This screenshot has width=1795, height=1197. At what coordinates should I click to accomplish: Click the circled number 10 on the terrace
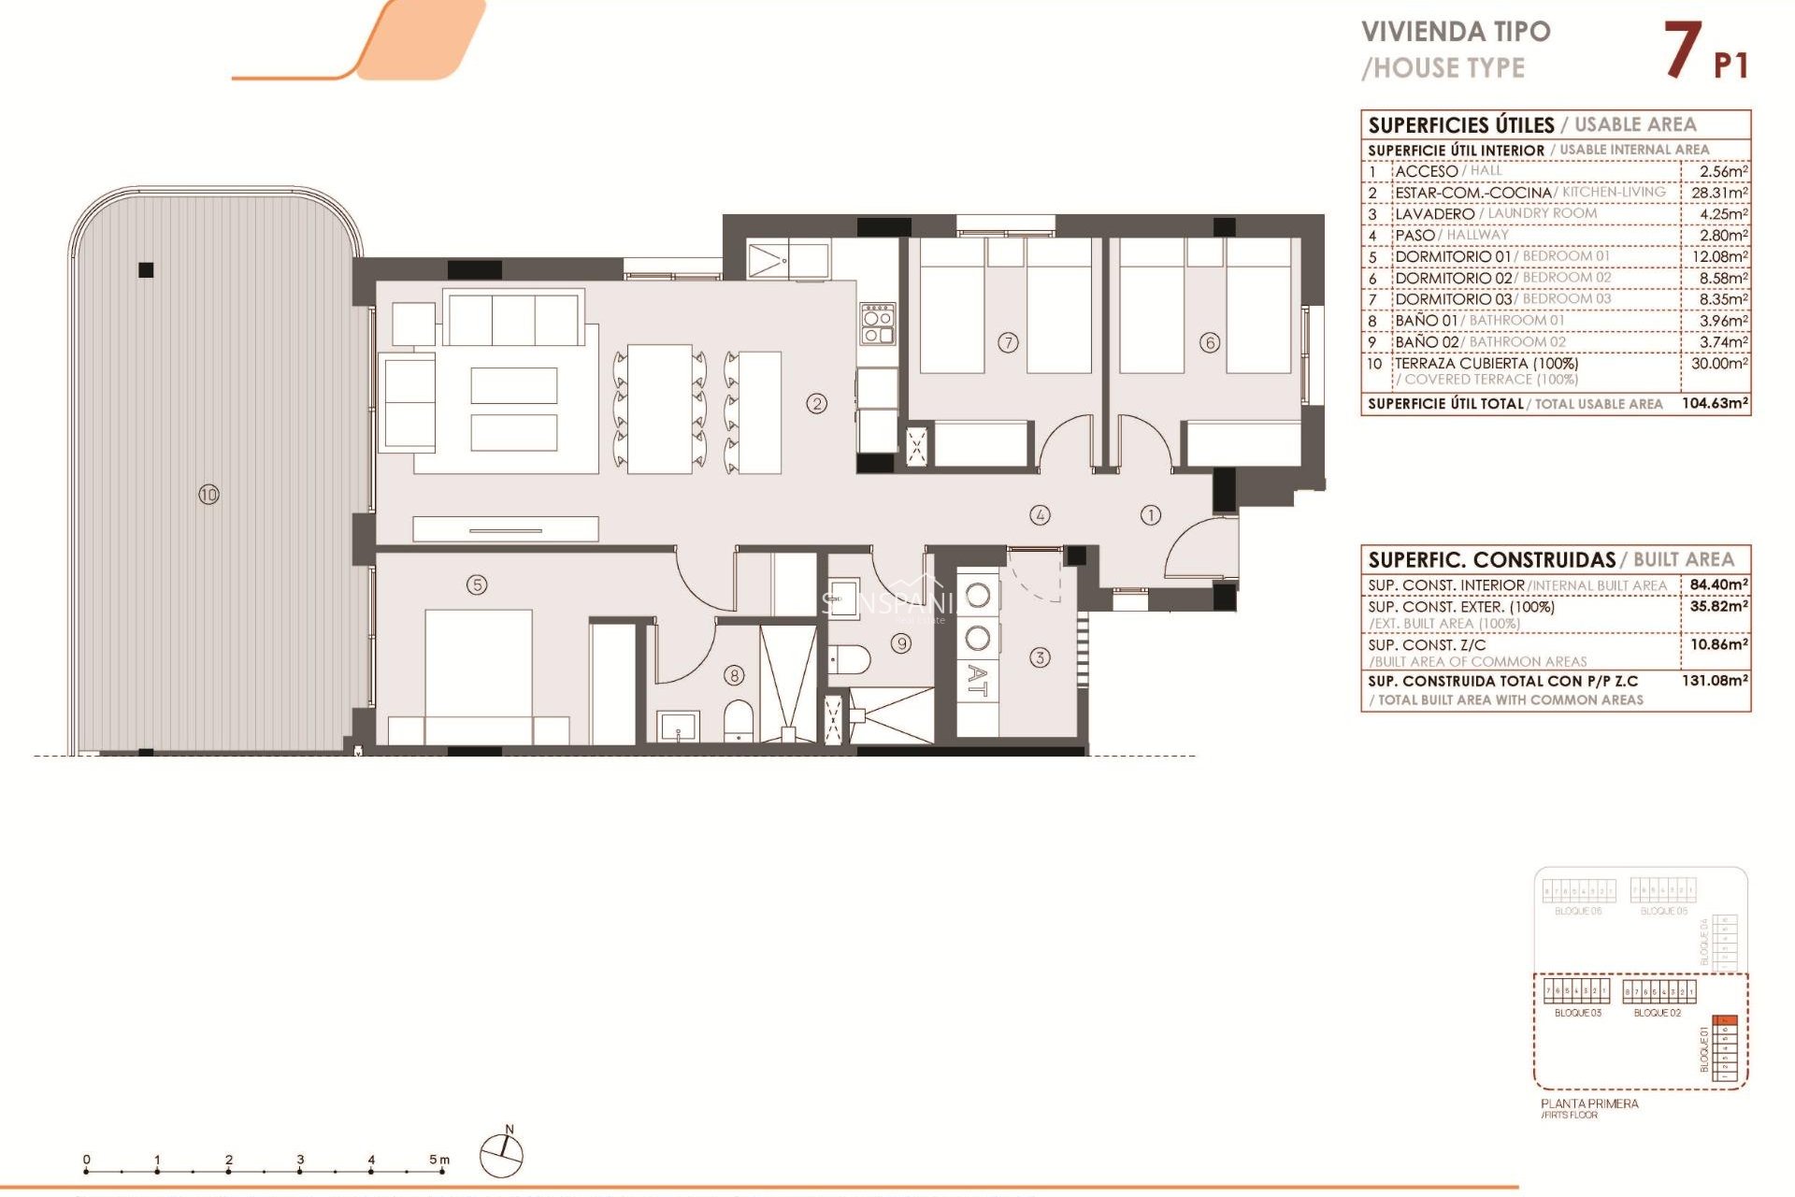pyautogui.click(x=208, y=494)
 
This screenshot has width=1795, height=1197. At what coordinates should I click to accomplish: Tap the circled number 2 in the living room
pyautogui.click(x=817, y=404)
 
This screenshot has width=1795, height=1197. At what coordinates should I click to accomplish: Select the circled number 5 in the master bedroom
pyautogui.click(x=477, y=584)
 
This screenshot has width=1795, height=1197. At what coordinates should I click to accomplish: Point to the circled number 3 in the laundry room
pyautogui.click(x=1040, y=657)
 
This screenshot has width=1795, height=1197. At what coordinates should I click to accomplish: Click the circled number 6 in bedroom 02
pyautogui.click(x=1210, y=342)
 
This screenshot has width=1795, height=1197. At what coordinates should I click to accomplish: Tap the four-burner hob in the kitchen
pyautogui.click(x=878, y=323)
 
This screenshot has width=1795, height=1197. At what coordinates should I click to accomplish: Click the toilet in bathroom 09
pyautogui.click(x=850, y=658)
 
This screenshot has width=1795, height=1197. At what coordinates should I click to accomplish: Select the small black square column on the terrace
pyautogui.click(x=146, y=270)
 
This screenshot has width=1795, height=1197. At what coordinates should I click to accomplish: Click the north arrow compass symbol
pyautogui.click(x=502, y=1155)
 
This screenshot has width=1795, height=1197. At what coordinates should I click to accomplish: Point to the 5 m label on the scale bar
pyautogui.click(x=438, y=1160)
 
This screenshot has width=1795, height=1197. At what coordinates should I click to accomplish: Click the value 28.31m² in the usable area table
pyautogui.click(x=1718, y=193)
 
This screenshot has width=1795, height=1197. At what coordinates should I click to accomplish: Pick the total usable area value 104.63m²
pyautogui.click(x=1715, y=403)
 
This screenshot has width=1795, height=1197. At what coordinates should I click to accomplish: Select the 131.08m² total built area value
pyautogui.click(x=1715, y=681)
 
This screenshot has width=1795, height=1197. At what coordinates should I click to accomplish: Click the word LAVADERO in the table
pyautogui.click(x=1434, y=214)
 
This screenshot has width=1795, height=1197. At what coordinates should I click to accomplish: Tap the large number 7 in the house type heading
pyautogui.click(x=1682, y=50)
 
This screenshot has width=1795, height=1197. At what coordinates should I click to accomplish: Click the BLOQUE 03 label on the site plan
pyautogui.click(x=1577, y=1013)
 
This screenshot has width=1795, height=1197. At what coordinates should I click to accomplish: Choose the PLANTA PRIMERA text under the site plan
pyautogui.click(x=1589, y=1103)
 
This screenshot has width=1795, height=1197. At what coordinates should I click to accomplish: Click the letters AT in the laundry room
pyautogui.click(x=977, y=681)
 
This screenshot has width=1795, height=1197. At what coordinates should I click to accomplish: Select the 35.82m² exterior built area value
pyautogui.click(x=1718, y=606)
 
